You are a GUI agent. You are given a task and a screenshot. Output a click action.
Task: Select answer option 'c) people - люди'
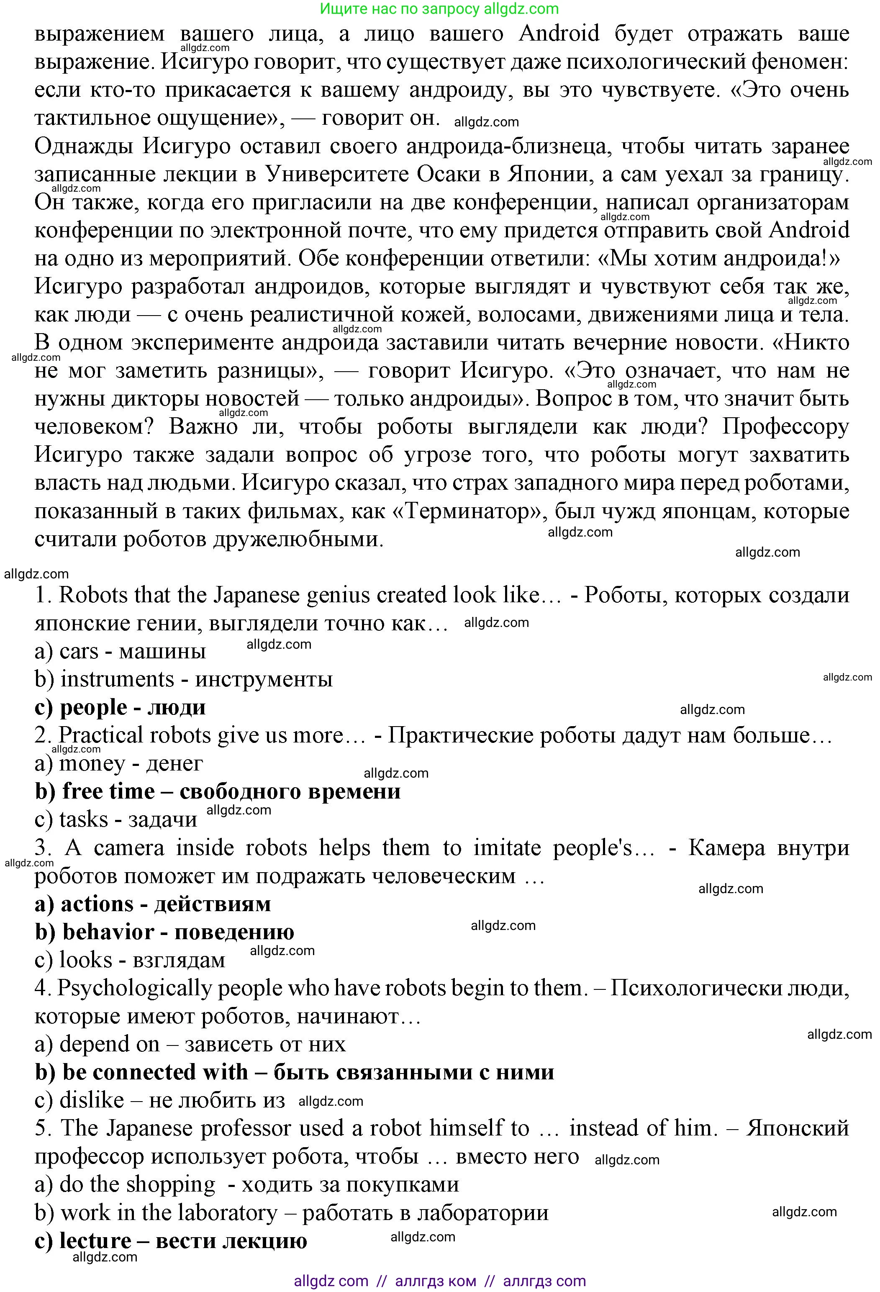tap(120, 707)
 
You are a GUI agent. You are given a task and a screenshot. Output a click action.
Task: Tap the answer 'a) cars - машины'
tap(120, 651)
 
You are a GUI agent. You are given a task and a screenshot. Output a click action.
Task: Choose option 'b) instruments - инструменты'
tap(183, 679)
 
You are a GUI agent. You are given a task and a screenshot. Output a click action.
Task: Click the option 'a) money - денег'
tap(118, 763)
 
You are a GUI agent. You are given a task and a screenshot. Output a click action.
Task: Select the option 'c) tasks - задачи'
tap(115, 819)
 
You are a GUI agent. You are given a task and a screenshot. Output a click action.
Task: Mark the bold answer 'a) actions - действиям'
tap(152, 904)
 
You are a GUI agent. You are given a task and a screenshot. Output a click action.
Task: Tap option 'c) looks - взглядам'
tap(130, 960)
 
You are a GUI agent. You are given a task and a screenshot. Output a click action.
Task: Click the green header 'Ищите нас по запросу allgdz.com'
tap(440, 8)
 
